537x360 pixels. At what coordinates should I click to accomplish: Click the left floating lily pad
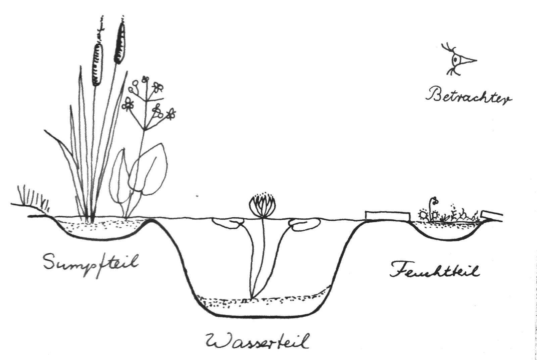pos(228,224)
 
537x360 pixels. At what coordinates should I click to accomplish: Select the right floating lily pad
pos(304,224)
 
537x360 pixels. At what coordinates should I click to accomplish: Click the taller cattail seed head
pos(120,42)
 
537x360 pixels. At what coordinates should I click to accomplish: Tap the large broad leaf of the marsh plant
pos(148,171)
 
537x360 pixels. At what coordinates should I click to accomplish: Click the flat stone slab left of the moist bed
pos(387,215)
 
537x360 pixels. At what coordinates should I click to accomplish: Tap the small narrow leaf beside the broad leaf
pos(119,178)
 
